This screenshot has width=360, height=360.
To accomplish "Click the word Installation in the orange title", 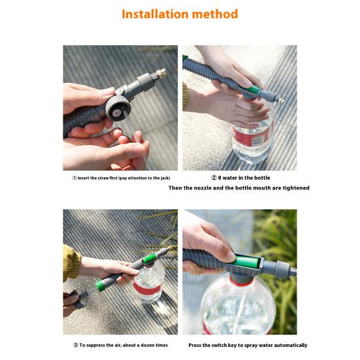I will tap(157, 14).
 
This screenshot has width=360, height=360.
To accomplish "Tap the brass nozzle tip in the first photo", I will tap(162, 73).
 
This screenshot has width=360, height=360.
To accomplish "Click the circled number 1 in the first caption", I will tap(74, 178).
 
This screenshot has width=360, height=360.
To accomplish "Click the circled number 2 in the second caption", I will tap(214, 178).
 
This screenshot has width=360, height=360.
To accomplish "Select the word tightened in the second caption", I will tap(294, 188).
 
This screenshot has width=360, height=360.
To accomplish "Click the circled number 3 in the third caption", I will tap(74, 345).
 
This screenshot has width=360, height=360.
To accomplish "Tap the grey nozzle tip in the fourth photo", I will tap(287, 268).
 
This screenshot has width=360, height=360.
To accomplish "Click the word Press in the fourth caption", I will tap(195, 345).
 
